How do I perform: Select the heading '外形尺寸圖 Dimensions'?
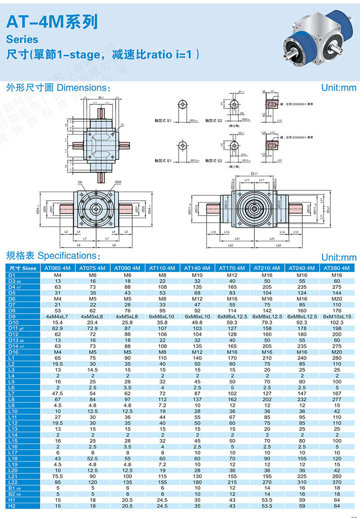point(58,87)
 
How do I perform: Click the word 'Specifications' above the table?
point(67,256)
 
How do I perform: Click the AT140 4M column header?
point(197,268)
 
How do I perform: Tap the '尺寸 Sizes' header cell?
point(22,268)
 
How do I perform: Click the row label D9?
point(12,316)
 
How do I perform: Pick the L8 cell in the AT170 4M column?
point(232,399)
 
